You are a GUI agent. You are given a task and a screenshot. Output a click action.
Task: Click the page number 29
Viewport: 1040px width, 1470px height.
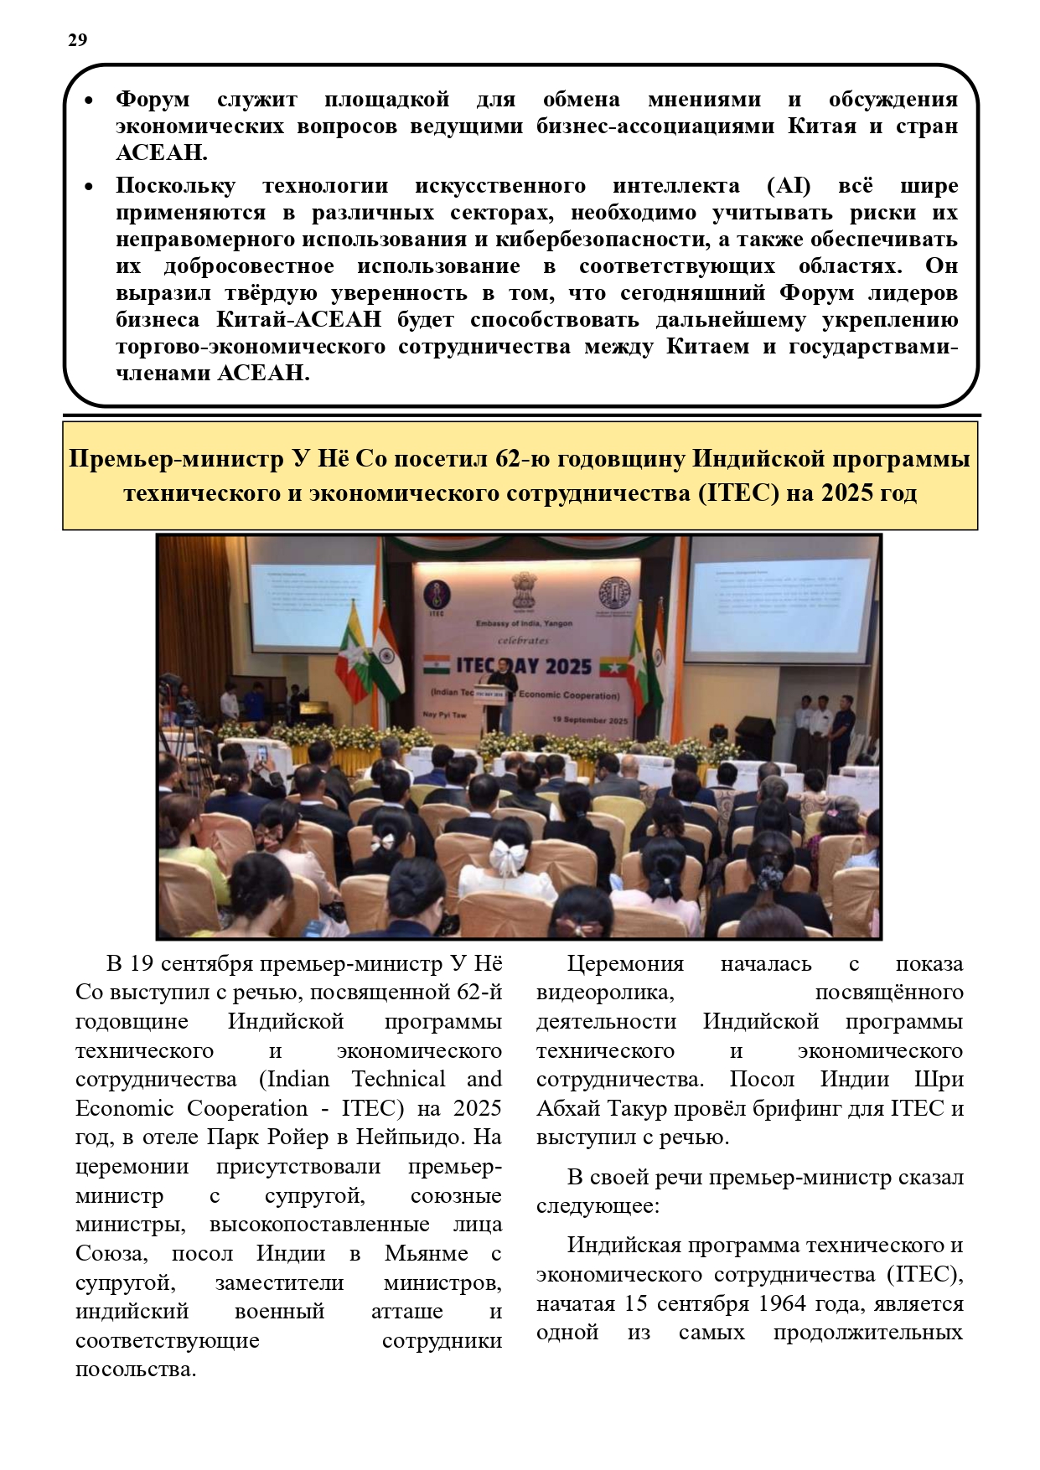77,40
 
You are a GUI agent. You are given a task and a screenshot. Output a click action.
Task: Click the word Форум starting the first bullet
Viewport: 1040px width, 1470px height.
153,100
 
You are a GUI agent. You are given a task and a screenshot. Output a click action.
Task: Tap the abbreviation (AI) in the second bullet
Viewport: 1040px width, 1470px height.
788,185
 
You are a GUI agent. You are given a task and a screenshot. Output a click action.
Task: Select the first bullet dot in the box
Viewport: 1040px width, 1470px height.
89,101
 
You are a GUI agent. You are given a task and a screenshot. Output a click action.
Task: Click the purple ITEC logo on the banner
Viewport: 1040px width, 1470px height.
437,596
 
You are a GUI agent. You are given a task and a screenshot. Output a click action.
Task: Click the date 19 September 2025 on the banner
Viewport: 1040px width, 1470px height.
589,720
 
